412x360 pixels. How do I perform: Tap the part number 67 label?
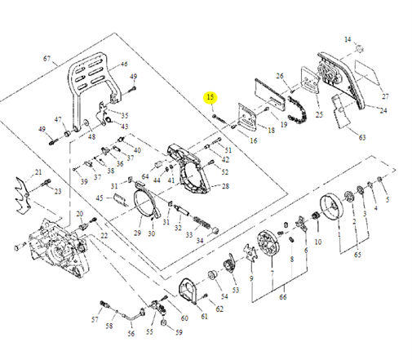pyautogui.click(x=47, y=59)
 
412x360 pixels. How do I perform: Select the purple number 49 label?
pyautogui.click(x=42, y=129)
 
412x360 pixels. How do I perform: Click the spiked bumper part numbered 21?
pyautogui.click(x=27, y=192)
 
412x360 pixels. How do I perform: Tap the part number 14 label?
pyautogui.click(x=347, y=39)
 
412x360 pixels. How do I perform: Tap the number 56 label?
pyautogui.click(x=131, y=334)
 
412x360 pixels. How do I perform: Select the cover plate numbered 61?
pyautogui.click(x=188, y=295)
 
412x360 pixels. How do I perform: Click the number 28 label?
pyautogui.click(x=225, y=187)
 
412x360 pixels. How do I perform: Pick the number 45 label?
pyautogui.click(x=99, y=198)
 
